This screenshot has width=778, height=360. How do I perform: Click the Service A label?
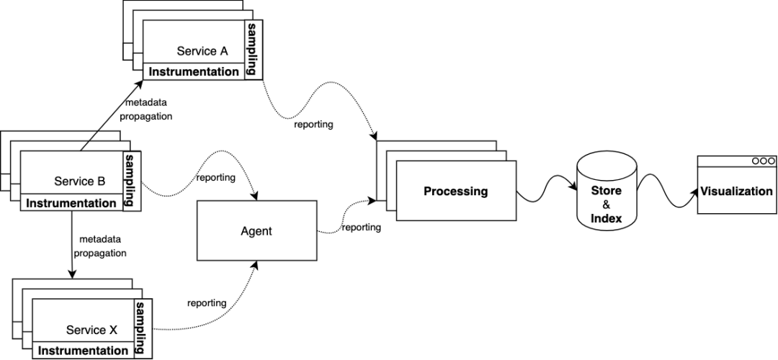point(202,51)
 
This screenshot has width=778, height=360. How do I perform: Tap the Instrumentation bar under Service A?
point(193,72)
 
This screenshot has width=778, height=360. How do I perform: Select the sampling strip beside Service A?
point(252,48)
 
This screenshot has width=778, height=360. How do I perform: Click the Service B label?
point(79,181)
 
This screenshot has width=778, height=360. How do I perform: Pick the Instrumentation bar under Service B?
point(71,203)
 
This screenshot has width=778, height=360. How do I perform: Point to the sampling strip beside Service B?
point(130,180)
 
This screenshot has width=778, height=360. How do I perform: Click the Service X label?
point(91,330)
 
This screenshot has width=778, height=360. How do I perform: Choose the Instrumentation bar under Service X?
point(83,351)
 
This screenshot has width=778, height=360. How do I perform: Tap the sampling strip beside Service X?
point(140,328)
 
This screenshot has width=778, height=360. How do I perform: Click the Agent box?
point(256,231)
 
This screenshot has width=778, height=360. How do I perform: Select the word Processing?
point(455,192)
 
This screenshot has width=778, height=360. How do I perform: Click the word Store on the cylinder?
point(606,191)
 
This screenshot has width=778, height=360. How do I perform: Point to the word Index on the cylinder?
point(606,218)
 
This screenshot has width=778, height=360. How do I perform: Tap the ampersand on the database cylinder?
point(606,204)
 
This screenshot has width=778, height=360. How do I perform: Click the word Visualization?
point(736,192)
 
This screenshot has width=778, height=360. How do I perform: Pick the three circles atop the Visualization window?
point(763,161)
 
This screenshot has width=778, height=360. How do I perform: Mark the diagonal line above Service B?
point(89,142)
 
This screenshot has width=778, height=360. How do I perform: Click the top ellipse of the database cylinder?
point(607,161)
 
